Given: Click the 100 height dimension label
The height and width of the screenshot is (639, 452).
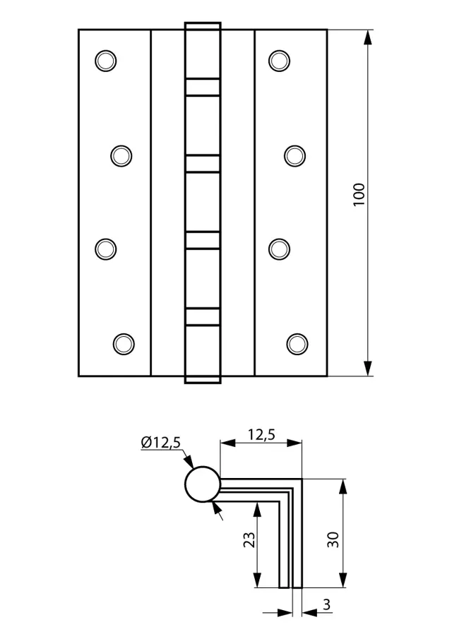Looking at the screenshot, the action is click(359, 195).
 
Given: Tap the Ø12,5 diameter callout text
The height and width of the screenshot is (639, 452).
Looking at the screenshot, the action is click(160, 443).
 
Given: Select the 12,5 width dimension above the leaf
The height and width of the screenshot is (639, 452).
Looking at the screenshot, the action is click(261, 435).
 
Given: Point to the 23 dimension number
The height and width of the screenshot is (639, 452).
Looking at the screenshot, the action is click(249, 539).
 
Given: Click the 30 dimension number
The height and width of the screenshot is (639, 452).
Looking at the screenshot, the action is click(333, 539).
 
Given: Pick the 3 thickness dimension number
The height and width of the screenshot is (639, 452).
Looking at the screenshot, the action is click(326, 605).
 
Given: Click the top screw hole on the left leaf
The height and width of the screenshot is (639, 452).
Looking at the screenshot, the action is click(105, 61).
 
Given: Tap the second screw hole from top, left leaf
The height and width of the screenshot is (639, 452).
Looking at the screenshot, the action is click(121, 155).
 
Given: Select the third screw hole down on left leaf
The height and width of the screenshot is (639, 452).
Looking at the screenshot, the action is click(105, 249).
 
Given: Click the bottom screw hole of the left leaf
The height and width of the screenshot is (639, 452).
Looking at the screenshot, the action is click(124, 344).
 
